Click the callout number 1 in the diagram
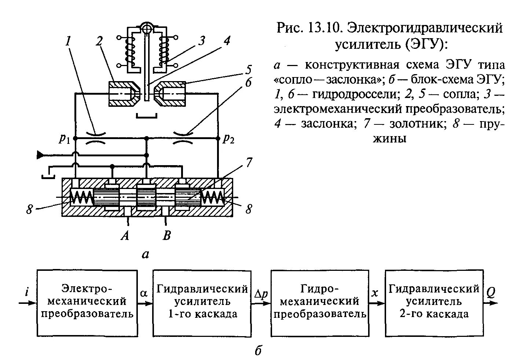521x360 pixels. click(x=68, y=41)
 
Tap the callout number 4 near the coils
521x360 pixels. click(x=227, y=40)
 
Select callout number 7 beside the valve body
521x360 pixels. click(x=249, y=162)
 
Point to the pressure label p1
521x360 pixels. click(x=64, y=139)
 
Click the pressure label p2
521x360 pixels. click(x=228, y=139)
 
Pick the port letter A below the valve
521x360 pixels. click(x=125, y=236)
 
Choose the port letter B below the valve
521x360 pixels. click(x=167, y=236)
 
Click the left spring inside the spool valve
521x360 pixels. click(x=82, y=197)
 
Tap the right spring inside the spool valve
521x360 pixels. click(x=213, y=197)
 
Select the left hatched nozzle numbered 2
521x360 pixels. click(x=124, y=94)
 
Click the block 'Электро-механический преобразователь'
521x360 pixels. click(x=87, y=303)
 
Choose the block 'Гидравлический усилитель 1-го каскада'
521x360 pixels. click(x=202, y=303)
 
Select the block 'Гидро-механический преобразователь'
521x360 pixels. click(x=320, y=303)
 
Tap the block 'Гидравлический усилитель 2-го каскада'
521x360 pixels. click(x=434, y=303)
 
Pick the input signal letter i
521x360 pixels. click(x=27, y=292)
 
